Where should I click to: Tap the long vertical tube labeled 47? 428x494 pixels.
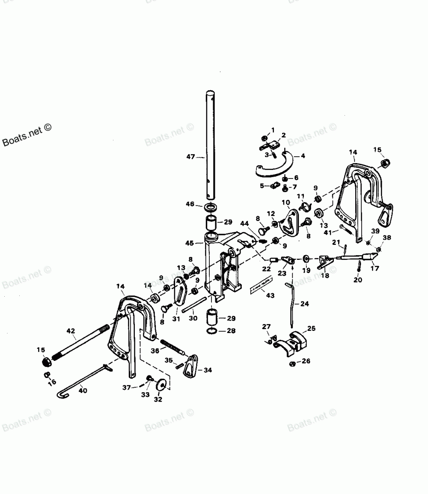pyautogui.click(x=210, y=146)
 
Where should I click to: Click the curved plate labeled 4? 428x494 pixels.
pyautogui.click(x=274, y=167)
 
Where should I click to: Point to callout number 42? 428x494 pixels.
pyautogui.click(x=71, y=331)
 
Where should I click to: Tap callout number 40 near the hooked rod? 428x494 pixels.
pyautogui.click(x=83, y=390)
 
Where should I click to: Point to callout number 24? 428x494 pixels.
pyautogui.click(x=304, y=304)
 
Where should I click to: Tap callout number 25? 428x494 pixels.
pyautogui.click(x=312, y=329)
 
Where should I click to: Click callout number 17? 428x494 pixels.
pyautogui.click(x=375, y=270)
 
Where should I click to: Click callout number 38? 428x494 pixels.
pyautogui.click(x=387, y=237)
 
